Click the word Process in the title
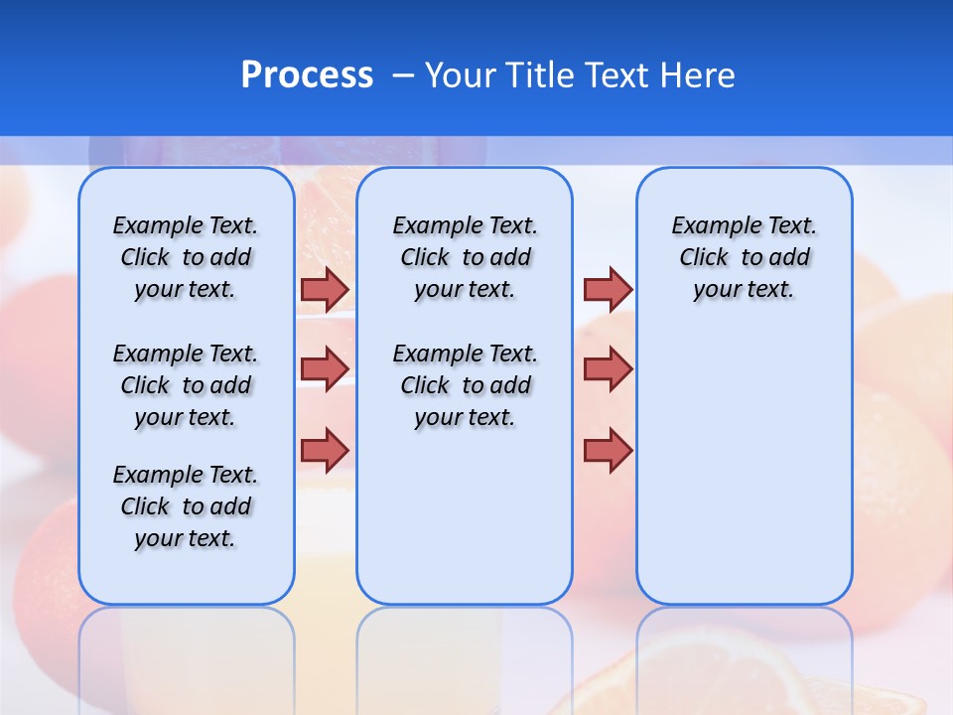pos(307,75)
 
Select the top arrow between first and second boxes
pos(325,289)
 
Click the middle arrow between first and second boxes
pos(325,369)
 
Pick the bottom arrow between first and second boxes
pos(325,450)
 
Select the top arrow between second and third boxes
pos(608,289)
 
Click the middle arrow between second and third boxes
pos(608,369)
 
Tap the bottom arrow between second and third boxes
pos(608,450)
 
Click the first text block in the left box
pos(186,257)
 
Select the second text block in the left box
pos(186,385)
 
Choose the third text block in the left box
pos(186,506)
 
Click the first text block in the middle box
pos(465,257)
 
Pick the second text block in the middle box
pos(465,385)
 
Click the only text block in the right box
pos(744,257)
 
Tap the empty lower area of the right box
pos(744,477)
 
